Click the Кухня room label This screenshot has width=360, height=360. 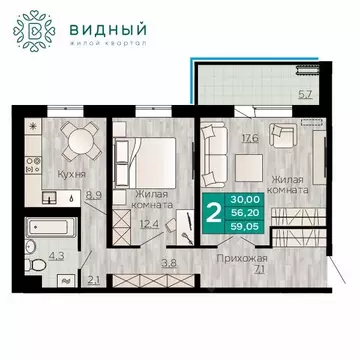coord(70,172)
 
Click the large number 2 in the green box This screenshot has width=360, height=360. coord(212,212)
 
